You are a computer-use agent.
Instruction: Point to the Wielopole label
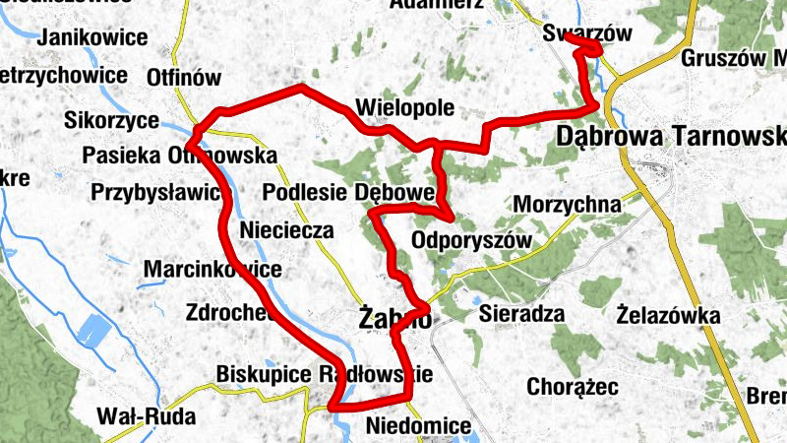click(398, 106)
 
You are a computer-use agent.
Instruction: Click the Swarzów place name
click(586, 32)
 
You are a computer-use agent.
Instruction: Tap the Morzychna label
click(568, 205)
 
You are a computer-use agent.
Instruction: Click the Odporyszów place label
click(471, 240)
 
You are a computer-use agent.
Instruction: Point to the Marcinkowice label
click(212, 270)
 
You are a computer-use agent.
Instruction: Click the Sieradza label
click(521, 315)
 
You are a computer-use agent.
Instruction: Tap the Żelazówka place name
click(670, 317)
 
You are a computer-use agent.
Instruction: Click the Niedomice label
click(417, 426)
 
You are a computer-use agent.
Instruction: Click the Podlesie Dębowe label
click(349, 191)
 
